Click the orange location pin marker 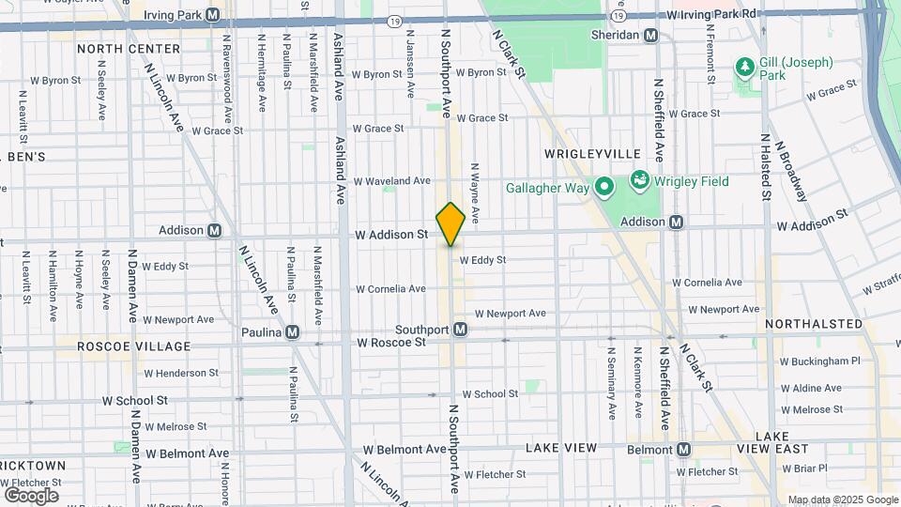450,223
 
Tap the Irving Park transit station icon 213,15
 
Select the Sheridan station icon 649,35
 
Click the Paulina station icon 294,331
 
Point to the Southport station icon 461,330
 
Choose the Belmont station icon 683,450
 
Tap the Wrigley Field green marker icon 640,178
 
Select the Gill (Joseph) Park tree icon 745,67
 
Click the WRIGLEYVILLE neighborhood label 591,153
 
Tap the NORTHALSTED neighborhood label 813,324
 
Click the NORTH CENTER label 129,49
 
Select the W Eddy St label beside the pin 482,260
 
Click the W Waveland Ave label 391,180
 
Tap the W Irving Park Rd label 711,15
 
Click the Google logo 31,495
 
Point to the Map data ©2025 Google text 843,499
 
